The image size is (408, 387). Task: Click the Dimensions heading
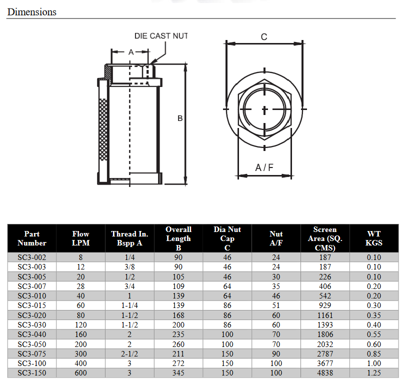pyautogui.click(x=31, y=11)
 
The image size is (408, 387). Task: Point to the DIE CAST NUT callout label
pyautogui.click(x=160, y=36)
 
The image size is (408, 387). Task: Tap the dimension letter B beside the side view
pyautogui.click(x=180, y=118)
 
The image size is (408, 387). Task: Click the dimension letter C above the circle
pyautogui.click(x=264, y=36)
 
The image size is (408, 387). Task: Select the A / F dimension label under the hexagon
pyautogui.click(x=264, y=167)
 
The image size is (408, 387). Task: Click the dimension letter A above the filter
pyautogui.click(x=130, y=52)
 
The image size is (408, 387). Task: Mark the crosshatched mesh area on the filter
pyautogui.click(x=103, y=128)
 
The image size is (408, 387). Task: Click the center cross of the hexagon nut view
pyautogui.click(x=264, y=109)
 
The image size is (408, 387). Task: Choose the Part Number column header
pyautogui.click(x=31, y=238)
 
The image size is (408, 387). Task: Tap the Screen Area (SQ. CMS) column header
pyautogui.click(x=325, y=238)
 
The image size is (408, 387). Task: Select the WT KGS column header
pyautogui.click(x=373, y=238)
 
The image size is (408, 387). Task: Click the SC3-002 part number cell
pyautogui.click(x=31, y=257)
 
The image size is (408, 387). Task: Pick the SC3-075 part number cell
pyautogui.click(x=31, y=354)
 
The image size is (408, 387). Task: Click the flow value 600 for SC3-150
pyautogui.click(x=80, y=373)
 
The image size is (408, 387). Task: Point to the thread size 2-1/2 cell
pyautogui.click(x=129, y=354)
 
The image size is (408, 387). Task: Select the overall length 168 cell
pyautogui.click(x=178, y=315)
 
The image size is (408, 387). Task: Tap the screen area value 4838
pyautogui.click(x=325, y=373)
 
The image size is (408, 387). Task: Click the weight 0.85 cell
pyautogui.click(x=373, y=354)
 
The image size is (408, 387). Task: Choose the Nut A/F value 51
pyautogui.click(x=276, y=305)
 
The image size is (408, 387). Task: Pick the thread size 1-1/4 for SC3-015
pyautogui.click(x=129, y=305)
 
